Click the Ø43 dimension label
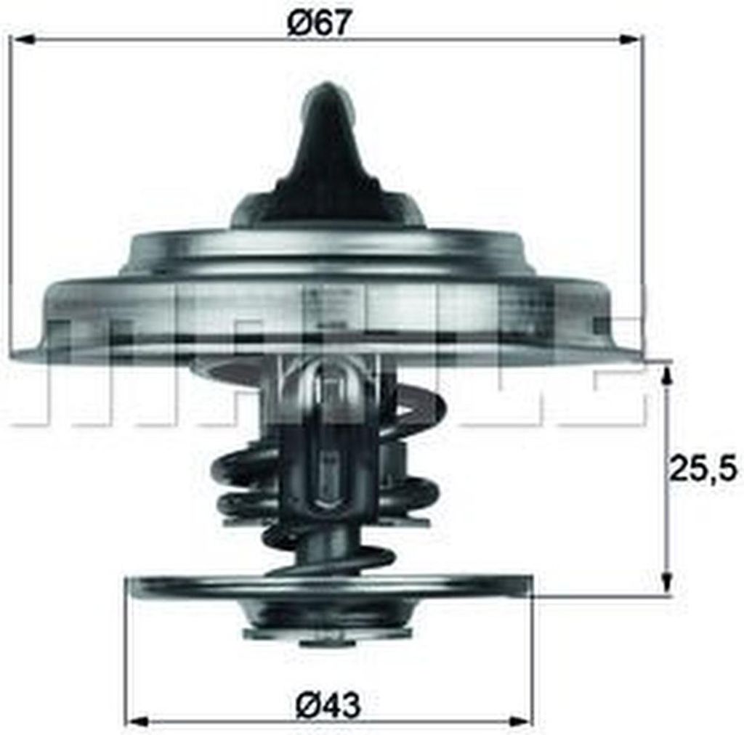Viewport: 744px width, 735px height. pos(328,706)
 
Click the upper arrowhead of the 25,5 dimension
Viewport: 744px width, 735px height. pos(667,375)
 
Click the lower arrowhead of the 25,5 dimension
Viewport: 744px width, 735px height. pos(667,580)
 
